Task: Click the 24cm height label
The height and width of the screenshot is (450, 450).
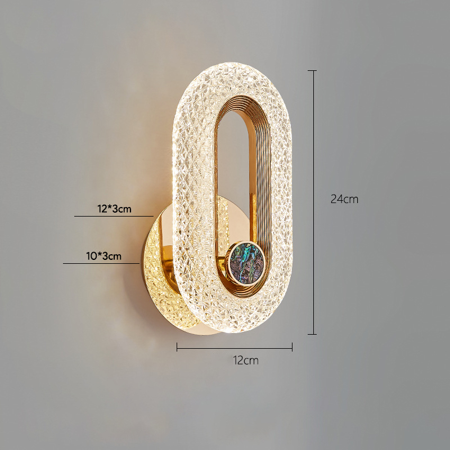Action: pyautogui.click(x=344, y=199)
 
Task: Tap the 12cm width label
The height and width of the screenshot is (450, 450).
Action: pyautogui.click(x=246, y=360)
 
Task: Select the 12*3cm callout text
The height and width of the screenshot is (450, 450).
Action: pyautogui.click(x=114, y=209)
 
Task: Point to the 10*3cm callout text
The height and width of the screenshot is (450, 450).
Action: pyautogui.click(x=103, y=256)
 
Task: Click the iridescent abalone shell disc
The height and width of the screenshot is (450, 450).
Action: pyautogui.click(x=247, y=263)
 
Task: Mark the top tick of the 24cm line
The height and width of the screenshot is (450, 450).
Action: pyautogui.click(x=312, y=70)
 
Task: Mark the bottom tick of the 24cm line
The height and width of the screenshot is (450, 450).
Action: pyautogui.click(x=312, y=334)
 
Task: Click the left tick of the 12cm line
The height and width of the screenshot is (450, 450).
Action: pyautogui.click(x=177, y=346)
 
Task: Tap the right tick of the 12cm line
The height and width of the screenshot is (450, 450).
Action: pyautogui.click(x=292, y=346)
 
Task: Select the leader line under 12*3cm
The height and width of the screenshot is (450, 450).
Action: pyautogui.click(x=114, y=216)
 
